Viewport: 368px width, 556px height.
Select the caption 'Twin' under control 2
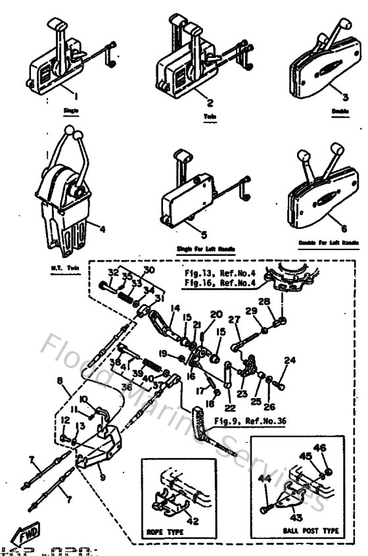coord(211,116)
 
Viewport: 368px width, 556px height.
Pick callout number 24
coord(289,361)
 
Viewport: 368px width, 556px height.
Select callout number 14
coord(177,307)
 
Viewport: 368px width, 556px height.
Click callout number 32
coord(112,272)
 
